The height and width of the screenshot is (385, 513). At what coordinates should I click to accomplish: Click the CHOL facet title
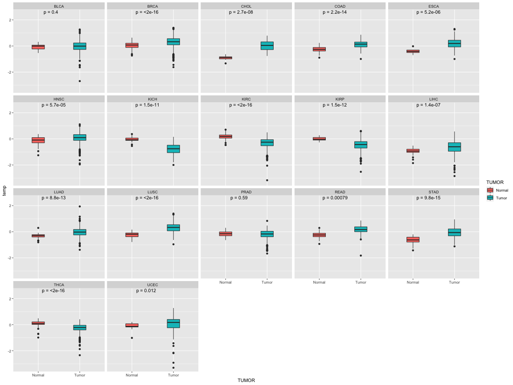pos(246,6)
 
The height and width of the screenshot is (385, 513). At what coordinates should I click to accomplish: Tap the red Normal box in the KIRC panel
pos(226,136)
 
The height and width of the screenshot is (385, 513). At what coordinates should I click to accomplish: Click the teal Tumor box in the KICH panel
pos(174,149)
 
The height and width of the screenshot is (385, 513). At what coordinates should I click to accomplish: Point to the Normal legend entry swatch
pos(490,190)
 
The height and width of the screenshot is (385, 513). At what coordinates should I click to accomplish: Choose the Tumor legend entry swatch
pos(490,198)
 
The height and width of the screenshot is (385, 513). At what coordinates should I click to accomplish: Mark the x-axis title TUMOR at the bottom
pos(246,380)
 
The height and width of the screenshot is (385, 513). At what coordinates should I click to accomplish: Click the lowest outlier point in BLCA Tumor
pos(80,81)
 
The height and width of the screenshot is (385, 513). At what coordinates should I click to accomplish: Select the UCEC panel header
pos(153,284)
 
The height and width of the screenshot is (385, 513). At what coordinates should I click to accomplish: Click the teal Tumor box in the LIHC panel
pos(454,147)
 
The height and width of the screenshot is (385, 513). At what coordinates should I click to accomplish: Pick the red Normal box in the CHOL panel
pos(226,58)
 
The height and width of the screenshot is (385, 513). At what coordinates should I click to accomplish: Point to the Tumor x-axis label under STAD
pos(454,282)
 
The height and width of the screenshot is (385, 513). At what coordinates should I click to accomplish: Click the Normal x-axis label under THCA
pos(38,375)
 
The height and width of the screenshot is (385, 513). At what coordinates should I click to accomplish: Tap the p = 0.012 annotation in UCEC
pos(146,291)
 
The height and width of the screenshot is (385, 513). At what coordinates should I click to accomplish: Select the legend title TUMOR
pos(495,182)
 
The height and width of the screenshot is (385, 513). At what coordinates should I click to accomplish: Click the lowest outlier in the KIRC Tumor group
pos(267,180)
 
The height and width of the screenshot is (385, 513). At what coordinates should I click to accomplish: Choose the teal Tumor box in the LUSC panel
pos(174,228)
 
